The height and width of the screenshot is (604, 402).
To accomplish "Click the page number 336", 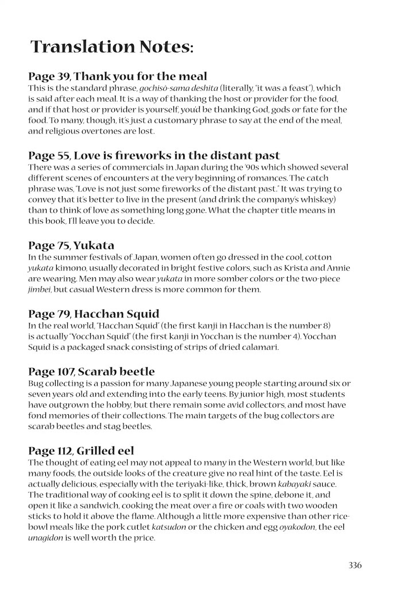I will (x=355, y=565).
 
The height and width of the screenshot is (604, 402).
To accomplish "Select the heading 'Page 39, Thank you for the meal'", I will (x=118, y=76).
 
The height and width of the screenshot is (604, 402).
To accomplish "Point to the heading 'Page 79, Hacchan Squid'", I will (x=94, y=314).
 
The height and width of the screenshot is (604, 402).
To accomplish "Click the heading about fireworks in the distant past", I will (x=154, y=155).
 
